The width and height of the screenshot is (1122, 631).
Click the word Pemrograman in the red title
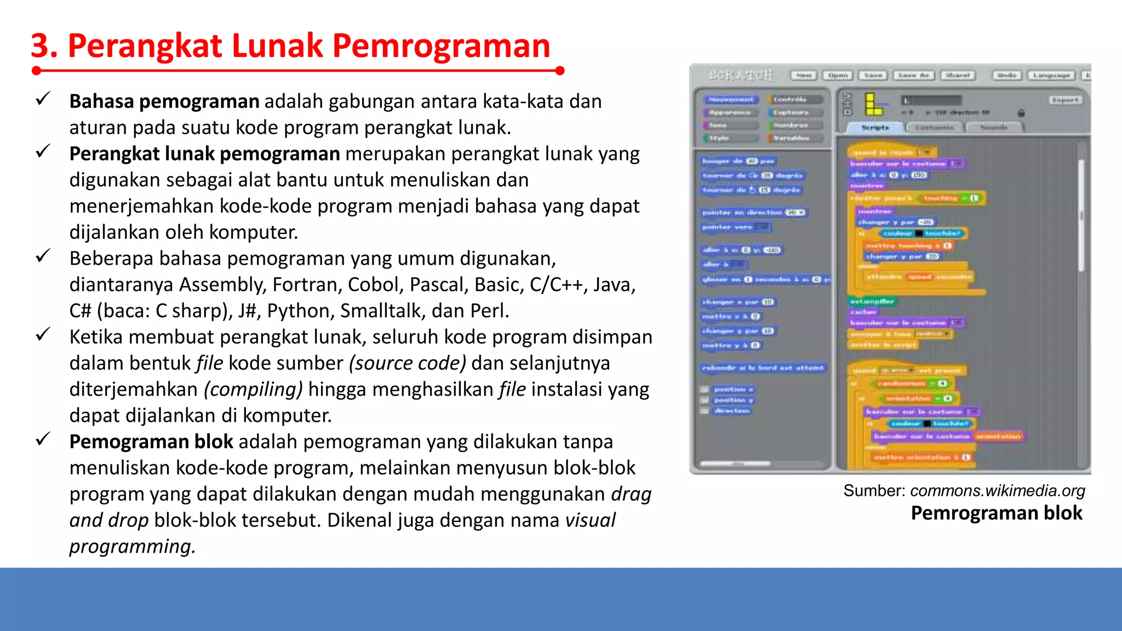coord(441,46)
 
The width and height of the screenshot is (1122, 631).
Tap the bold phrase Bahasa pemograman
coord(164,102)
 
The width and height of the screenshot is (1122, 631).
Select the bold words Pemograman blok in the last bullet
coord(151,442)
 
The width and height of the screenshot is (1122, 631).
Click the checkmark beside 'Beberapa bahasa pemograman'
coord(43,256)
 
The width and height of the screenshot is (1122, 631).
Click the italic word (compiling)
coord(253,389)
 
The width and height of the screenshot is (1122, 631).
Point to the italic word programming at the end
coord(132,547)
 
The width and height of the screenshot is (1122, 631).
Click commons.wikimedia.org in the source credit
coord(997,491)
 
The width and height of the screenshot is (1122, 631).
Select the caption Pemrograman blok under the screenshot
coord(996,513)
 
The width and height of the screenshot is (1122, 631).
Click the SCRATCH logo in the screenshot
coord(740,75)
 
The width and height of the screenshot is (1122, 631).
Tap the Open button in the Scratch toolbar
coord(838,76)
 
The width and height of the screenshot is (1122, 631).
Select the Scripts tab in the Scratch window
coord(875,128)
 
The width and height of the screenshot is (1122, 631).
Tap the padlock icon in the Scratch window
coord(1021,113)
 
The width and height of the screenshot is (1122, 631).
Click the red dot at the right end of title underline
coord(559,71)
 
